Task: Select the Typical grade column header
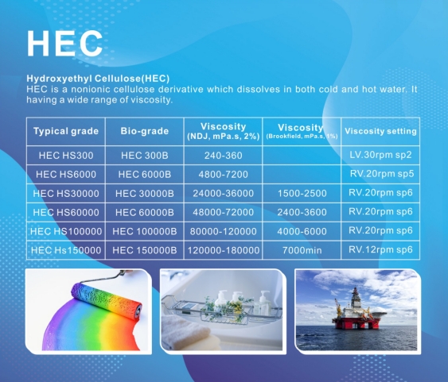click(x=66, y=130)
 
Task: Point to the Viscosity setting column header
click(x=380, y=130)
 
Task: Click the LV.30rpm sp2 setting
click(x=380, y=155)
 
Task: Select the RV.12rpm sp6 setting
click(x=380, y=249)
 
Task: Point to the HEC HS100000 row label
click(x=66, y=231)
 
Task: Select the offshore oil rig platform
click(x=357, y=310)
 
